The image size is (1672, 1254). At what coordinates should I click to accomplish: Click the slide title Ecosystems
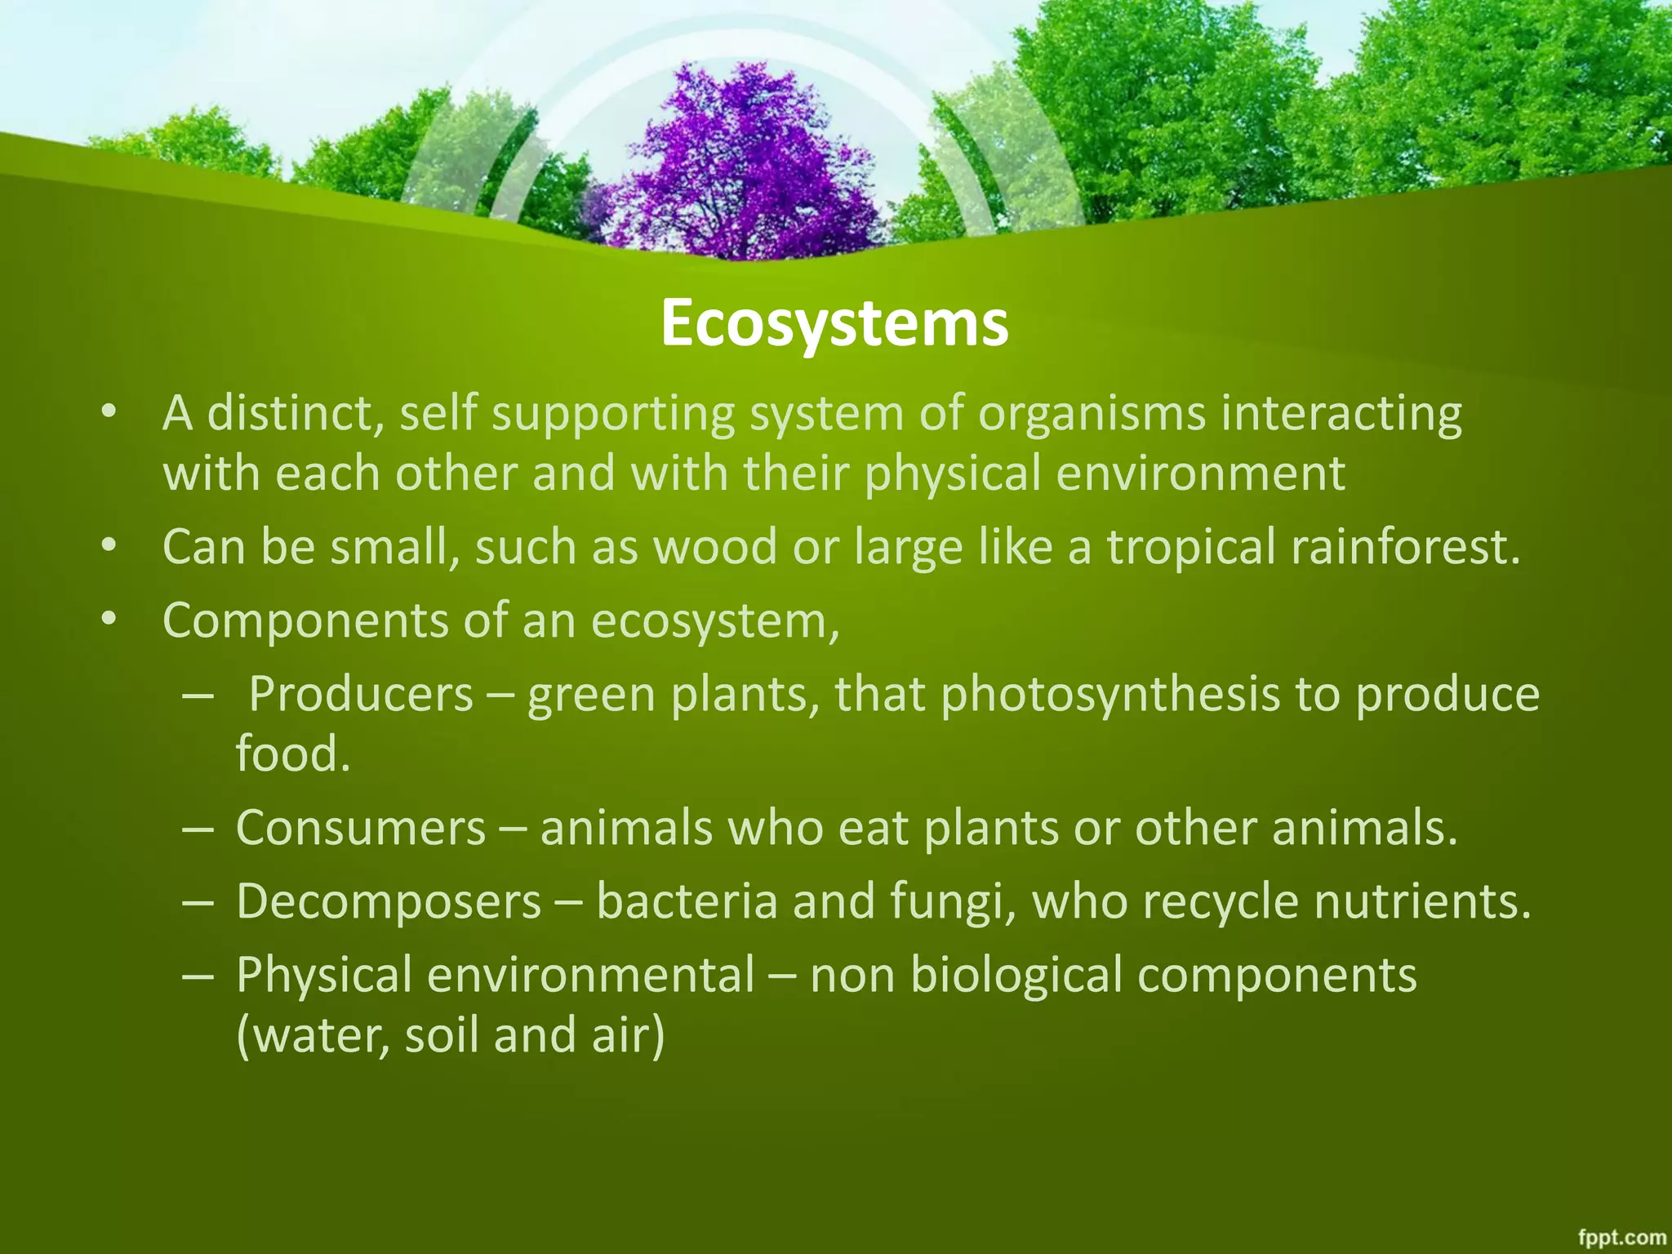(834, 323)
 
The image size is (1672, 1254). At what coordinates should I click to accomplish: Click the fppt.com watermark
(1621, 1238)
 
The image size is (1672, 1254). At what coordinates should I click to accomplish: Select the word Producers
(361, 695)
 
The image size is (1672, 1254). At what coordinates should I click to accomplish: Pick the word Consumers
(361, 828)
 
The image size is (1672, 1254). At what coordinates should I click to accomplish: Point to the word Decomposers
(389, 901)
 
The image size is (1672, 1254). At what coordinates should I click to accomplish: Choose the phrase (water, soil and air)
(451, 1035)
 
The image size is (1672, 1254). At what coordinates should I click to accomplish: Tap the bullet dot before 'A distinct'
(109, 413)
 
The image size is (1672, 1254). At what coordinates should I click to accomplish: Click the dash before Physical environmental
(198, 976)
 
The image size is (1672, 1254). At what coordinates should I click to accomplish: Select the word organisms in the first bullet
(1092, 413)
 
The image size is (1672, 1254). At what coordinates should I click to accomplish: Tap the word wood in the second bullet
(715, 546)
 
